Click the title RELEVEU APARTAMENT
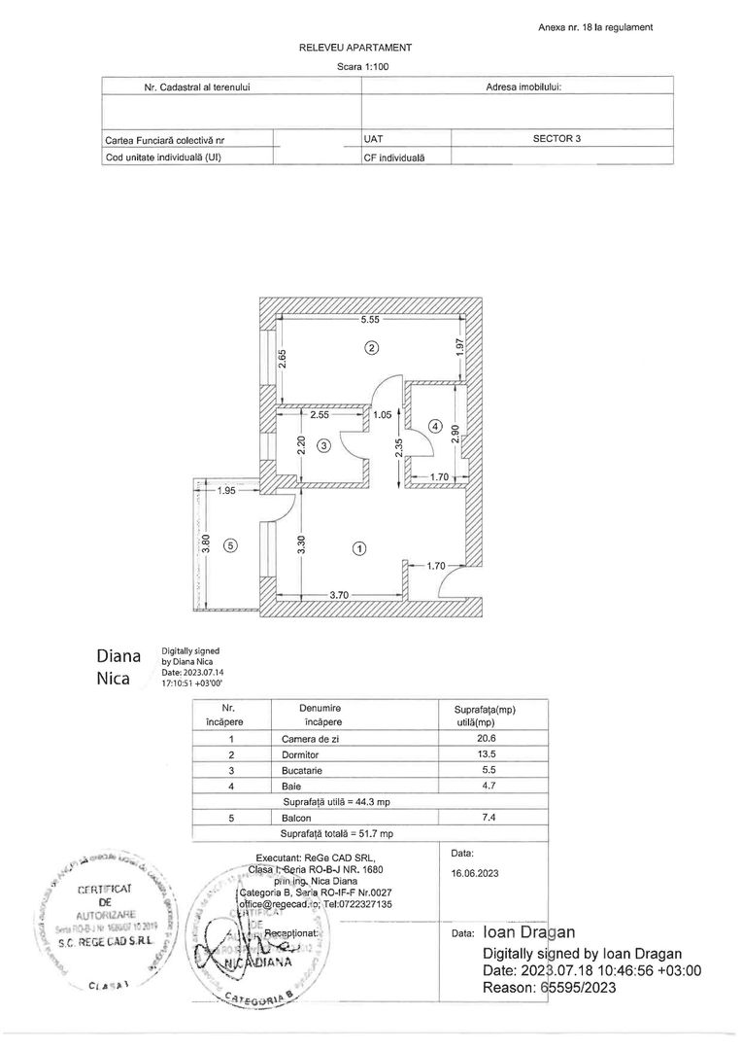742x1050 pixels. (x=355, y=47)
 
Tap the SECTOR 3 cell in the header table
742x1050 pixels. (x=556, y=138)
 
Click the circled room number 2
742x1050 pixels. (x=370, y=347)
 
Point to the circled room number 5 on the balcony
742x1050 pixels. (x=230, y=545)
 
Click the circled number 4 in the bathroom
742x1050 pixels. (x=436, y=427)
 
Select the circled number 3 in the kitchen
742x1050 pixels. (x=324, y=444)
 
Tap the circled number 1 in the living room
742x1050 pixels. (x=359, y=548)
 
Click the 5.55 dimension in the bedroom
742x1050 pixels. (x=370, y=319)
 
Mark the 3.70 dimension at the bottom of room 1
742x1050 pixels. (x=338, y=594)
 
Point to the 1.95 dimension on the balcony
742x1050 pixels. (x=226, y=491)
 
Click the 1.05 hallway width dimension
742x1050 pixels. (x=382, y=415)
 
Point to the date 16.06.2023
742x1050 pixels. (x=475, y=874)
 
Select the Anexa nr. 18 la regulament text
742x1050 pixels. (x=594, y=27)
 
